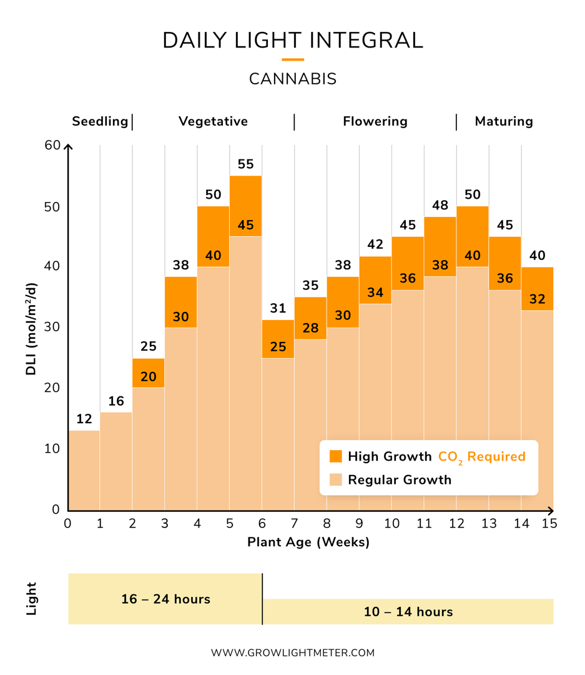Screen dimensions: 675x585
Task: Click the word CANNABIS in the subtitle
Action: pyautogui.click(x=293, y=79)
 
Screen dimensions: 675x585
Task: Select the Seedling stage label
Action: pyautogui.click(x=100, y=121)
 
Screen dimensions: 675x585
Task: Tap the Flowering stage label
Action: pyautogui.click(x=375, y=121)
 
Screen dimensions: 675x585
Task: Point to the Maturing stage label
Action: pyautogui.click(x=504, y=121)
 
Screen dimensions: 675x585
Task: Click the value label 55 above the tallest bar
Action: pyautogui.click(x=246, y=164)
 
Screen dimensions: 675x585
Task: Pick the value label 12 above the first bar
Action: pyautogui.click(x=84, y=419)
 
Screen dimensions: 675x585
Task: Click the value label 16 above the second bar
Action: pyautogui.click(x=116, y=401)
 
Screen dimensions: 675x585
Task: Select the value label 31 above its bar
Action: pyautogui.click(x=278, y=308)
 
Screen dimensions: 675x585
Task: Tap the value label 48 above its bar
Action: pyautogui.click(x=440, y=205)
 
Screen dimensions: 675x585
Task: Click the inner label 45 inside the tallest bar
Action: pyautogui.click(x=246, y=225)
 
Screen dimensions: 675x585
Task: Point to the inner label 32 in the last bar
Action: pyautogui.click(x=537, y=299)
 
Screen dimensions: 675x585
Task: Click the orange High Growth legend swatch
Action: pyautogui.click(x=336, y=456)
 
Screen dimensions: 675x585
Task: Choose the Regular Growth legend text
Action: pyautogui.click(x=400, y=480)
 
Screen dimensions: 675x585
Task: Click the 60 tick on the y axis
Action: pyautogui.click(x=53, y=146)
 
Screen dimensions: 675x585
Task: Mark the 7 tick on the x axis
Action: pyautogui.click(x=294, y=523)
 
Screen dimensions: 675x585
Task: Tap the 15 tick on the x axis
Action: pyautogui.click(x=549, y=523)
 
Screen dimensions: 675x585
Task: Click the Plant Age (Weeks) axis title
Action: pyautogui.click(x=308, y=542)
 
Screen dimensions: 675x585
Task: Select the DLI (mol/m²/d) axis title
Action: pyautogui.click(x=31, y=329)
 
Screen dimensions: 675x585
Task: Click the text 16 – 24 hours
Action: pyautogui.click(x=165, y=599)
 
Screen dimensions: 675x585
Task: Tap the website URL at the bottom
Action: pyautogui.click(x=293, y=652)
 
